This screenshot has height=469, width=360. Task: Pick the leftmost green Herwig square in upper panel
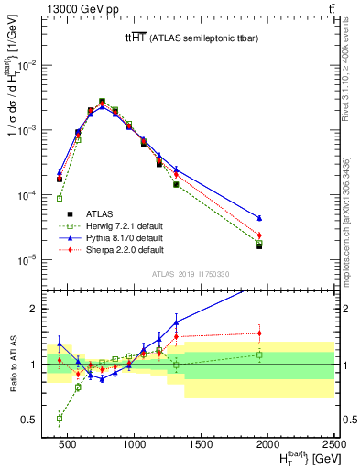click(x=60, y=198)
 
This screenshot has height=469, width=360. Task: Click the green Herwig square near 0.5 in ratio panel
click(x=60, y=418)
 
